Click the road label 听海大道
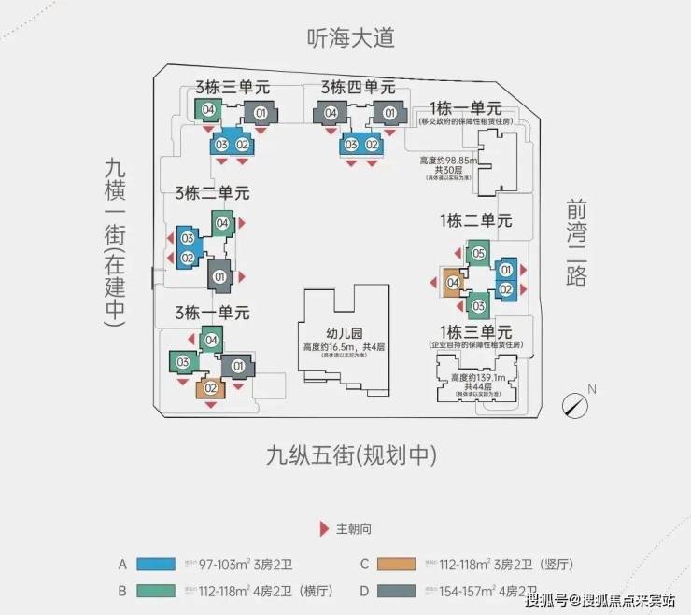click(351, 37)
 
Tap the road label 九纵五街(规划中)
click(351, 456)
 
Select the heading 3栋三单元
click(233, 87)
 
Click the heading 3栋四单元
click(358, 87)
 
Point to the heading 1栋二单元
click(475, 221)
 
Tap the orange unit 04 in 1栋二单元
click(453, 283)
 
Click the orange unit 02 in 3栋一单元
click(211, 388)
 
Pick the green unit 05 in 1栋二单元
click(477, 253)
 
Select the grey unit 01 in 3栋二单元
click(220, 276)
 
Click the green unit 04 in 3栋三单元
click(208, 110)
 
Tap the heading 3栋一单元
click(211, 311)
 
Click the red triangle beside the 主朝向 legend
click(324, 528)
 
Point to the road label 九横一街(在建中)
click(115, 241)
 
